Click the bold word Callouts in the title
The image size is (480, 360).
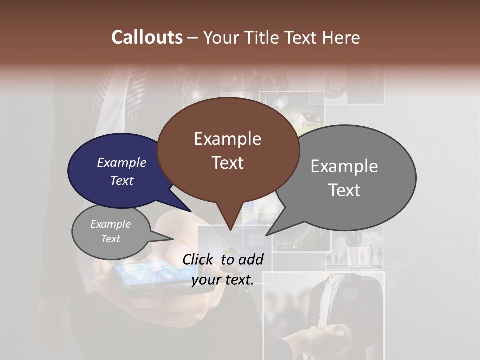[147, 37]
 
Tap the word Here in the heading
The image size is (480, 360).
[342, 37]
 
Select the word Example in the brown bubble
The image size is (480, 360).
[227, 139]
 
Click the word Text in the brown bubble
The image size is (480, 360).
[227, 163]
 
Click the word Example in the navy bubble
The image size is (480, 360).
[121, 162]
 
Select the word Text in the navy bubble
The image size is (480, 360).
[121, 180]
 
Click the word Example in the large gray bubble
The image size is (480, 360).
[344, 166]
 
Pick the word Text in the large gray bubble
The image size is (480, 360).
[344, 190]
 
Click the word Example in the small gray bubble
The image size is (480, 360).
[110, 224]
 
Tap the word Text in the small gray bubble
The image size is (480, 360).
[110, 239]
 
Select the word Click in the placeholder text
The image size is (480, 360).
[199, 259]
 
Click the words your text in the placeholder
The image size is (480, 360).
[223, 280]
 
